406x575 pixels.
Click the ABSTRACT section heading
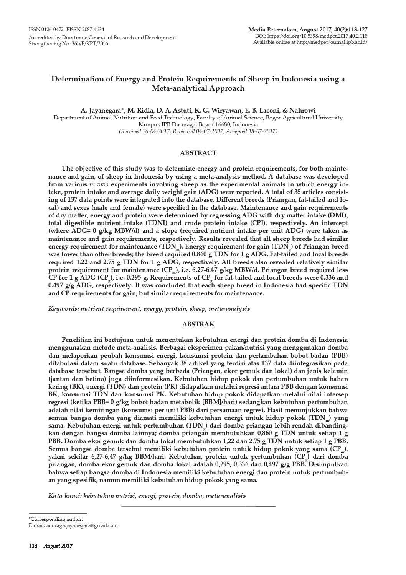pyautogui.click(x=198, y=153)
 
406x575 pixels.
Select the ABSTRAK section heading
pyautogui.click(x=198, y=324)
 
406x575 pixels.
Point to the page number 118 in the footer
pyautogui.click(x=33, y=545)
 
